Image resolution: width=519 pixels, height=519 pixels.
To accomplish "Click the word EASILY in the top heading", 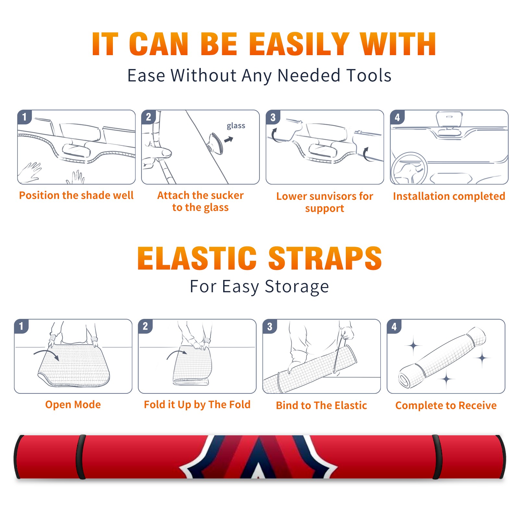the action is pyautogui.click(x=299, y=44).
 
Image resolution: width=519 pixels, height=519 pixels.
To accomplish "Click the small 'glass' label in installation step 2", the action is pyautogui.click(x=236, y=126).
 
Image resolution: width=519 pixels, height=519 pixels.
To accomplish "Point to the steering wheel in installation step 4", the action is pyautogui.click(x=409, y=168).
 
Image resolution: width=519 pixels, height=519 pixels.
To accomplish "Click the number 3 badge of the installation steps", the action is pyautogui.click(x=273, y=117).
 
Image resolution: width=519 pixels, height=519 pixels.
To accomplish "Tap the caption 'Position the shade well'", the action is pyautogui.click(x=76, y=195).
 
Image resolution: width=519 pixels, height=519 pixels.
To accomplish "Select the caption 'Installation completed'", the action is pyautogui.click(x=449, y=196).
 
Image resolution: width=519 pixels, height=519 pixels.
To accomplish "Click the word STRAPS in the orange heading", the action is pyautogui.click(x=325, y=258).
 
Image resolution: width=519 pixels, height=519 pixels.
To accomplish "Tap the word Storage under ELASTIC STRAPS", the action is pyautogui.click(x=297, y=287).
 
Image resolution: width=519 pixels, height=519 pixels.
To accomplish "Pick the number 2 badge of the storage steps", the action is pyautogui.click(x=145, y=326).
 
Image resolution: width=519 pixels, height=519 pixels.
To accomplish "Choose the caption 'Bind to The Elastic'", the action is pyautogui.click(x=321, y=405).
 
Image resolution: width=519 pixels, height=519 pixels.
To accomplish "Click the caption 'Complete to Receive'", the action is pyautogui.click(x=446, y=405).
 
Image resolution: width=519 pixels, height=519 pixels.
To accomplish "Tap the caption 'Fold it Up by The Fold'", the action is pyautogui.click(x=197, y=404).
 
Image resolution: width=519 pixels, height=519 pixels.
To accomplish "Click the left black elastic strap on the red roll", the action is pyautogui.click(x=81, y=457).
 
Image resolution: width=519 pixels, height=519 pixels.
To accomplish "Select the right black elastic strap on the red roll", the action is pyautogui.click(x=437, y=457).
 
